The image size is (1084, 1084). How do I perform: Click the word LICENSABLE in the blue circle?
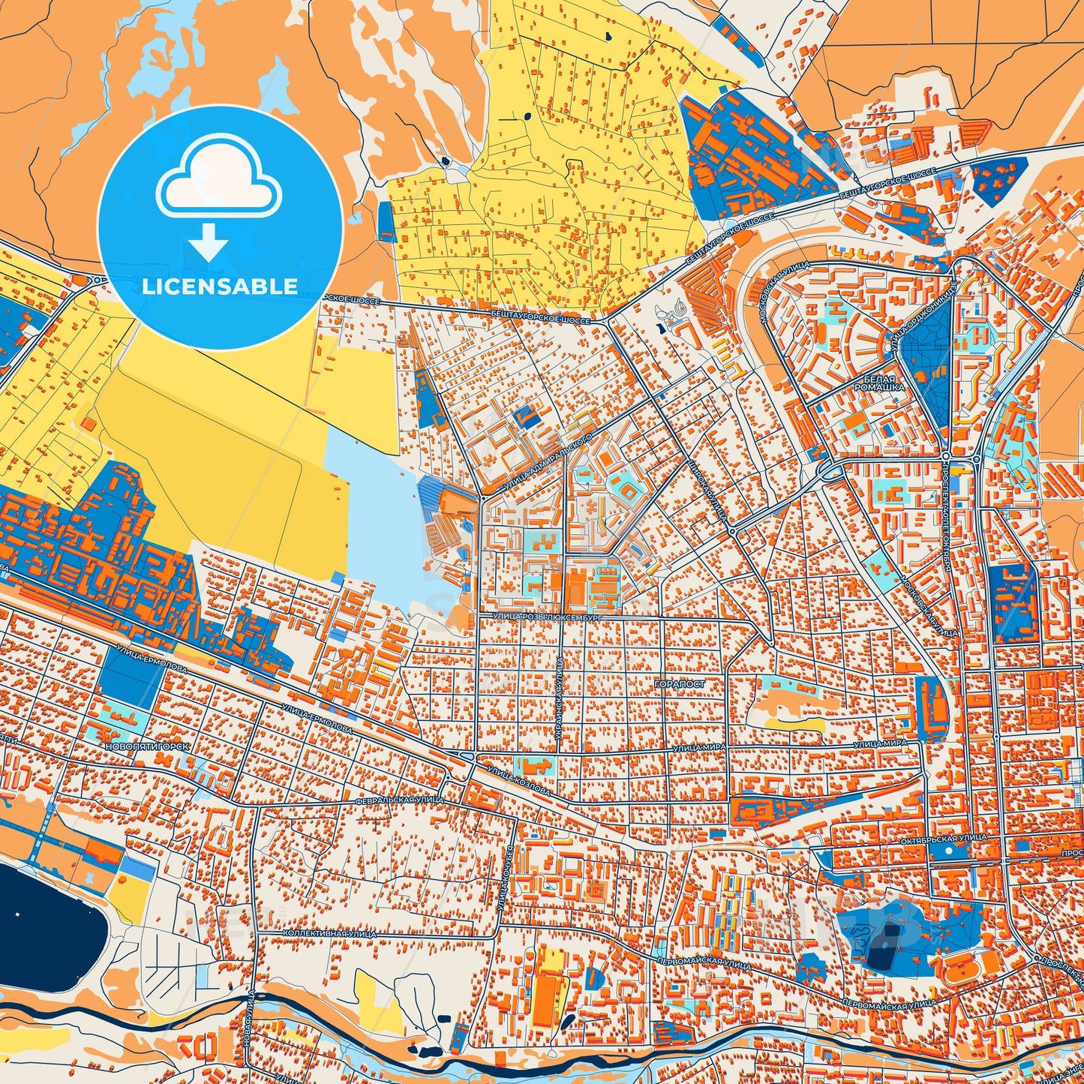click(220, 286)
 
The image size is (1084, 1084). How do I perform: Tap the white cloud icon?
click(219, 181)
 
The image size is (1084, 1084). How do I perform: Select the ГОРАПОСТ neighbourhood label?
click(680, 685)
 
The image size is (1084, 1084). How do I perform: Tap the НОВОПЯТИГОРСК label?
click(148, 747)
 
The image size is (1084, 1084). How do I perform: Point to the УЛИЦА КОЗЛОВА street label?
click(518, 781)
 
